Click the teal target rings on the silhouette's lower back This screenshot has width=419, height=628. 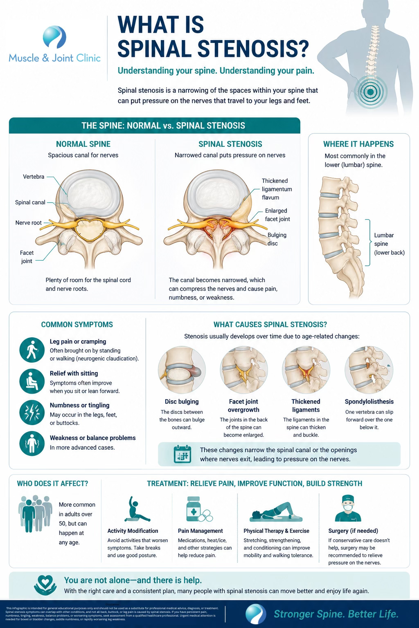coord(370,92)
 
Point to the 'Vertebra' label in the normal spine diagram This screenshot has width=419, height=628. coord(34,177)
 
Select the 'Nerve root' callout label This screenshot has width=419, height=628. coord(29,223)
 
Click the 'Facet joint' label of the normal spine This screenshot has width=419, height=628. coord(27,257)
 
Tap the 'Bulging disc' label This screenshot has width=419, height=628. coord(277,239)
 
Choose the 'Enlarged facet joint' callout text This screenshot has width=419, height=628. coord(277,215)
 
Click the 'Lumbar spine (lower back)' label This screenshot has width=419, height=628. coord(389,244)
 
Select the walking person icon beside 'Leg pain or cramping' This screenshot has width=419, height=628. coord(32,350)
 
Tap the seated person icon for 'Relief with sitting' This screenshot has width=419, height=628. coord(32,381)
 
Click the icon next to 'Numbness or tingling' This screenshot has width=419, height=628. coord(32,413)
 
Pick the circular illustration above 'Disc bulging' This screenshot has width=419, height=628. coord(182,370)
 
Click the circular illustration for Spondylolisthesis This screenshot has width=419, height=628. coord(369,370)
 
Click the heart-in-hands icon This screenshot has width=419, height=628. coord(45,585)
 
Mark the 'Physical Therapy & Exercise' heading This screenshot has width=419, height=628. coord(276,531)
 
